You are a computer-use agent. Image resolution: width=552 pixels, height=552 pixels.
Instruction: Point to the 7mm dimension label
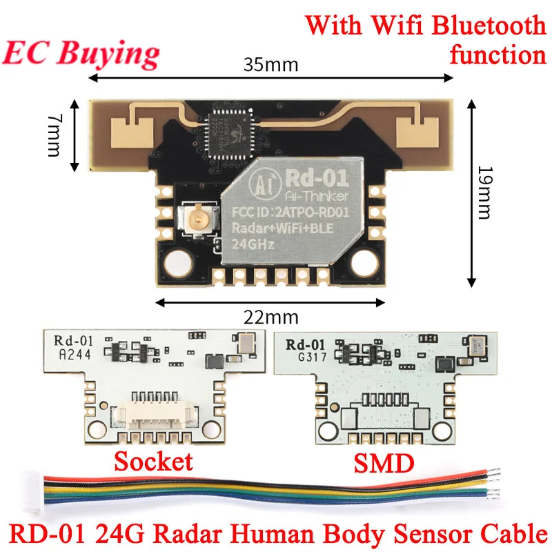pos(55,137)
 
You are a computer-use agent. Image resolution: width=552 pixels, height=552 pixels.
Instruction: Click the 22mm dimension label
pos(270,317)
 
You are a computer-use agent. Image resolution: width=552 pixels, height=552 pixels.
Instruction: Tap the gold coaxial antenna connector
pos(195,221)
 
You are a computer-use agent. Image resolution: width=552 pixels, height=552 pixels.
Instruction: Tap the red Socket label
pos(153,461)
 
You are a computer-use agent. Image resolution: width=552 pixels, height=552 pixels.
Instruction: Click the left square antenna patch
pos(132,131)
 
